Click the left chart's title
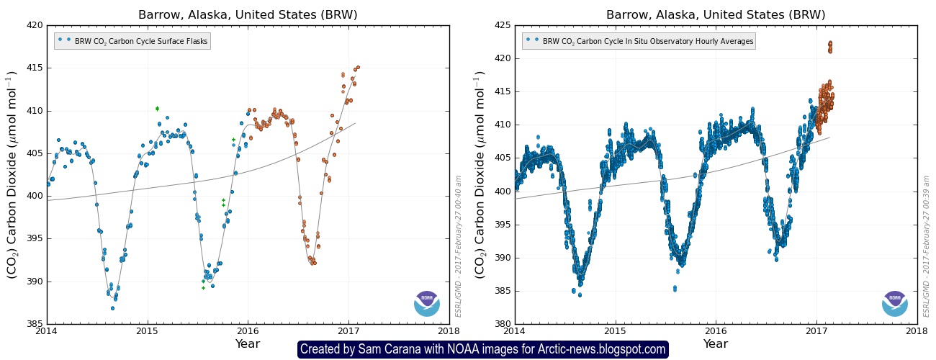click(248, 14)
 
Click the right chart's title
click(716, 14)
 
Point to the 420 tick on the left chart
click(34, 25)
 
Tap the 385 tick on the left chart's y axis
click(34, 324)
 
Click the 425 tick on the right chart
click(502, 25)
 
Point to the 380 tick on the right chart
click(502, 324)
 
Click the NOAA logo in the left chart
click(427, 303)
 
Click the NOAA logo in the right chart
click(895, 303)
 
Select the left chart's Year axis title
click(248, 343)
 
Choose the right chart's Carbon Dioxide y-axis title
click(480, 174)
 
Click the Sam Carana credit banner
click(482, 349)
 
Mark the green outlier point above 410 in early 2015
click(157, 109)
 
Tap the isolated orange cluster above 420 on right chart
click(830, 47)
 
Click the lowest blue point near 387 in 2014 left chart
click(112, 308)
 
